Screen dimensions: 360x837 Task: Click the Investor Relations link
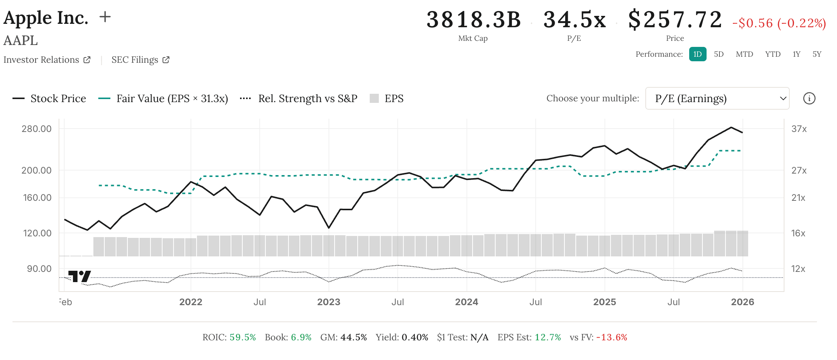tap(46, 60)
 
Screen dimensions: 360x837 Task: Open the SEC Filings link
tap(140, 60)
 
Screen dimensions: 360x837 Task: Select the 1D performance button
tap(697, 54)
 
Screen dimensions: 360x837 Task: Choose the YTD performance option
tap(773, 54)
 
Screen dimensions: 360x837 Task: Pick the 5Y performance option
tap(817, 54)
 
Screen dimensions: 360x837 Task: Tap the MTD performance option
tap(744, 54)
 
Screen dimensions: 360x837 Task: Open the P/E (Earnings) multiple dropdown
tap(717, 98)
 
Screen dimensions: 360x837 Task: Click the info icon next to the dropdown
tap(809, 98)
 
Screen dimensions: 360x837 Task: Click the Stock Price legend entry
tap(50, 98)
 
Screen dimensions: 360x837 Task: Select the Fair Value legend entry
tap(163, 98)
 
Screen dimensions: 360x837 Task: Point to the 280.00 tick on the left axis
tap(37, 129)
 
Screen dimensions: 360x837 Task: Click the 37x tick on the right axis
tap(799, 129)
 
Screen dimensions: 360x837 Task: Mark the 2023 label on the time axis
tap(329, 302)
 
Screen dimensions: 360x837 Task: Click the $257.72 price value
tap(675, 20)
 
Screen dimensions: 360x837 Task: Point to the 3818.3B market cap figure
tap(473, 20)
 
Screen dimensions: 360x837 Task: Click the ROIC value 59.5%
tap(243, 337)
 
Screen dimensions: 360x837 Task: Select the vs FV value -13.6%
tap(611, 337)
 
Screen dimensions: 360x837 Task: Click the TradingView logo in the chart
tap(79, 276)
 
